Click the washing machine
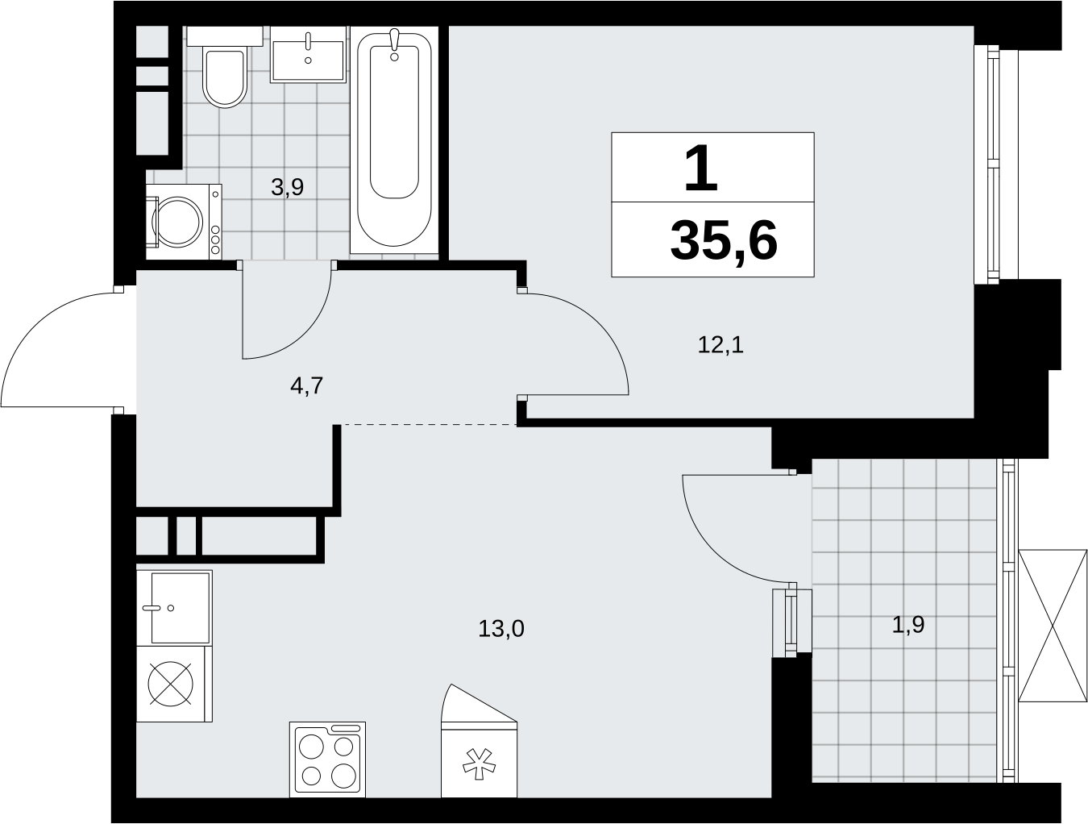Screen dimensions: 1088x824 pyautogui.click(x=184, y=222)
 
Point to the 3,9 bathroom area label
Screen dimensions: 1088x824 pyautogui.click(x=288, y=187)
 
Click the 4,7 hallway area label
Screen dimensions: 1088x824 pyautogui.click(x=307, y=385)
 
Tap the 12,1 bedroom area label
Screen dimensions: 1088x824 pyautogui.click(x=720, y=344)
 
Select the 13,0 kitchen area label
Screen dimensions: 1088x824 pyautogui.click(x=501, y=629)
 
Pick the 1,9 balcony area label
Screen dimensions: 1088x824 pyautogui.click(x=908, y=625)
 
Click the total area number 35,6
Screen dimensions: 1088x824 pyautogui.click(x=724, y=241)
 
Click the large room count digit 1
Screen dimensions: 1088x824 pyautogui.click(x=701, y=169)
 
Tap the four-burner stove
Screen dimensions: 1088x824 pyautogui.click(x=328, y=759)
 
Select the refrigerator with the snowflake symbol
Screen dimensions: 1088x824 pyautogui.click(x=479, y=741)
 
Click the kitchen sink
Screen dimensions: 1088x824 pyautogui.click(x=174, y=608)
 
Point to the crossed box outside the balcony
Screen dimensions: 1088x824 pyautogui.click(x=1053, y=626)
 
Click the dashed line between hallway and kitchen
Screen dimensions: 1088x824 pyautogui.click(x=430, y=424)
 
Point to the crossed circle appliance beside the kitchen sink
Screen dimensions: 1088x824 pyautogui.click(x=171, y=684)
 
